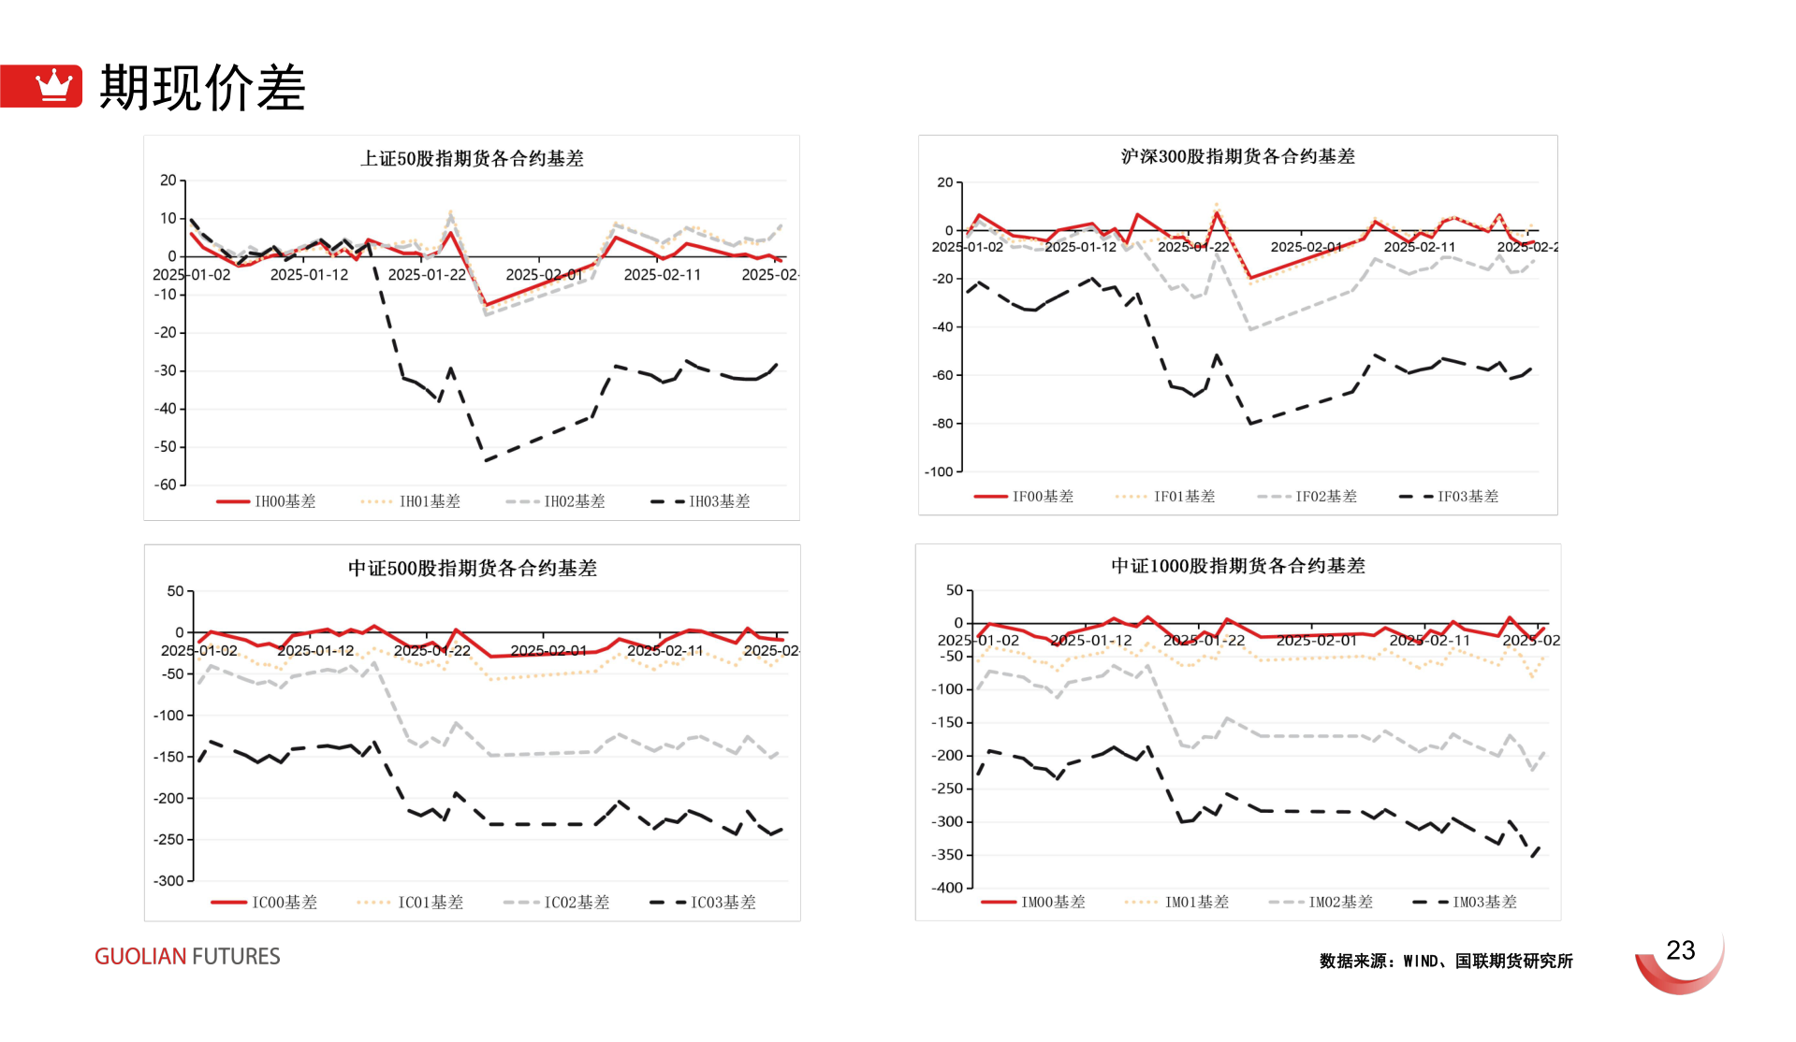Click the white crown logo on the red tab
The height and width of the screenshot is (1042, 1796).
pyautogui.click(x=53, y=85)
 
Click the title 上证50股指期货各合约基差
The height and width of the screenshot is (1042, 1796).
pyautogui.click(x=472, y=159)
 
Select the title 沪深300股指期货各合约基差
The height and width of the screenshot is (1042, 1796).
pyautogui.click(x=1237, y=157)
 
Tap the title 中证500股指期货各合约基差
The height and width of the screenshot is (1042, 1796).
pyautogui.click(x=472, y=569)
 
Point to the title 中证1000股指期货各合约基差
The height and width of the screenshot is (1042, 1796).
pyautogui.click(x=1237, y=566)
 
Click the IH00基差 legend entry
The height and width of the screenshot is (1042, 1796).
pyautogui.click(x=267, y=501)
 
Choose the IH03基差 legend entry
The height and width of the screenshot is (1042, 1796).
pyautogui.click(x=701, y=501)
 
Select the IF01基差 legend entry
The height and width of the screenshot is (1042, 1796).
pyautogui.click(x=1166, y=497)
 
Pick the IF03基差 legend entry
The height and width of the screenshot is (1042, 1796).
pyautogui.click(x=1450, y=497)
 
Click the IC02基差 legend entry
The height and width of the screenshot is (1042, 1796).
pyautogui.click(x=557, y=903)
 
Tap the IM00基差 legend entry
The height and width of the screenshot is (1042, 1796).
pyautogui.click(x=1034, y=903)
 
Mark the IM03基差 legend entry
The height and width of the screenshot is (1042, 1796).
pyautogui.click(x=1466, y=903)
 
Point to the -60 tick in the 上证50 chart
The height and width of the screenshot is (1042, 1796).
pyautogui.click(x=166, y=485)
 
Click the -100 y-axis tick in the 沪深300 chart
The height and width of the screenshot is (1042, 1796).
pyautogui.click(x=939, y=472)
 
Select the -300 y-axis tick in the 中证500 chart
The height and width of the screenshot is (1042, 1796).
pyautogui.click(x=168, y=881)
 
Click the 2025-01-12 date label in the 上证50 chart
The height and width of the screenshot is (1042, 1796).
pyautogui.click(x=309, y=275)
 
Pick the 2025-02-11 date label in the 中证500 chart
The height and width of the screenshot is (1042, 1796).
pyautogui.click(x=664, y=651)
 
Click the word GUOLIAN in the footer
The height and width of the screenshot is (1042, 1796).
pyautogui.click(x=140, y=957)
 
